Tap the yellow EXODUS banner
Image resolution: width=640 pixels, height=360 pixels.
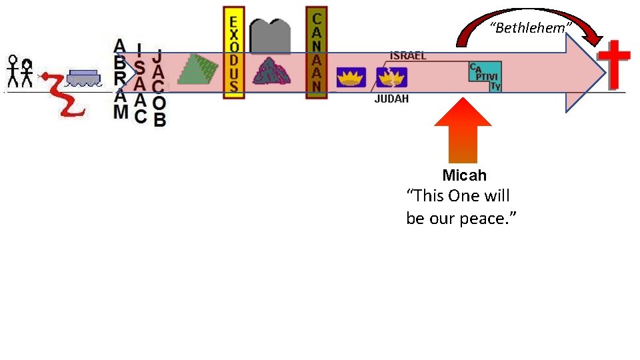[233, 53]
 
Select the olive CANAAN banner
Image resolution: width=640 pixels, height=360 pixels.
[317, 53]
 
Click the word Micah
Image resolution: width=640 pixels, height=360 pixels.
[464, 176]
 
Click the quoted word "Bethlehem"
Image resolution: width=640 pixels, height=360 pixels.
[531, 28]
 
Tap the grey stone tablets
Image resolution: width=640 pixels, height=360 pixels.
[270, 36]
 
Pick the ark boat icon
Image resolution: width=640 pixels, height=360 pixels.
[83, 77]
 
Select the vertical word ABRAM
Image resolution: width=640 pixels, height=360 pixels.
[120, 79]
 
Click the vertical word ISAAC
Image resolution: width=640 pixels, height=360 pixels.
[139, 83]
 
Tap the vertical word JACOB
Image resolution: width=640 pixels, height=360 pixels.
[159, 87]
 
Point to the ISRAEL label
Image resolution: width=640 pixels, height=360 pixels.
[408, 56]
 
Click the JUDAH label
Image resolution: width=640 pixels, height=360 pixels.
[391, 99]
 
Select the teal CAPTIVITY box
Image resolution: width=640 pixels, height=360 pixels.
[485, 77]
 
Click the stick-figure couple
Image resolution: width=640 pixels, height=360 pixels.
[19, 71]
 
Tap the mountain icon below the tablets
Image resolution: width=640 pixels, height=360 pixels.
[270, 71]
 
